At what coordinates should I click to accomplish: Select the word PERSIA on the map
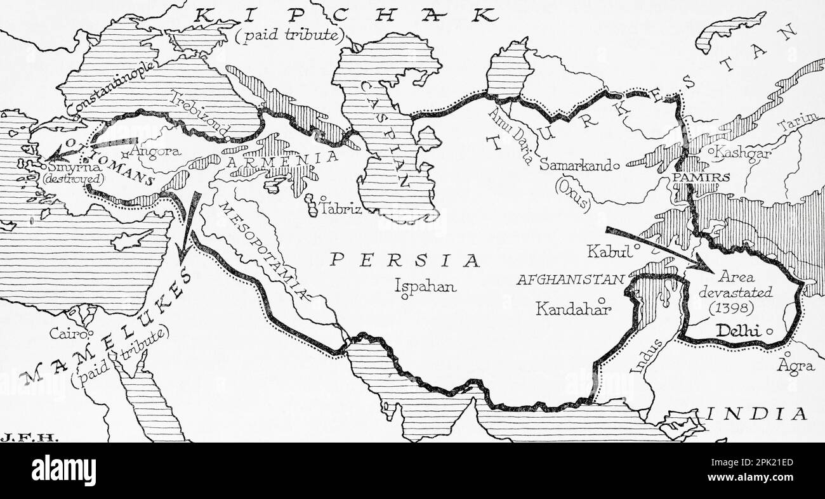406,260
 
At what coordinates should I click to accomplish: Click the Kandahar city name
572,309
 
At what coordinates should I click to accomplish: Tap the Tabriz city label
341,207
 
